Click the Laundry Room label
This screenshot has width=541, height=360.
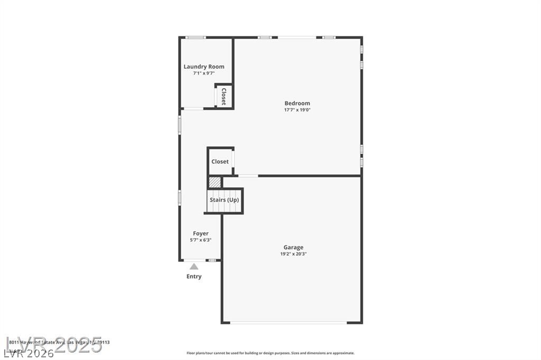coord(204,67)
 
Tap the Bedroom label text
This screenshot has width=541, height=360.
coord(297,103)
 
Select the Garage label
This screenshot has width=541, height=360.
coord(293,247)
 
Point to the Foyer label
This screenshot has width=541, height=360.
coord(201,233)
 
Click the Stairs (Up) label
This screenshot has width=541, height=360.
coord(225,200)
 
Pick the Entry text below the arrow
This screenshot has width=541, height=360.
coord(194,277)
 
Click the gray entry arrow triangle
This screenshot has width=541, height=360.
coord(194,267)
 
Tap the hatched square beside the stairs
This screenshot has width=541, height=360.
coord(214,182)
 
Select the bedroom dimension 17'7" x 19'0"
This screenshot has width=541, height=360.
coord(297,110)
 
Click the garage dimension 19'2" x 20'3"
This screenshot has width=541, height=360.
coord(293,254)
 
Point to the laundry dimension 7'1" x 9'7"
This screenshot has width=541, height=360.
coord(204,73)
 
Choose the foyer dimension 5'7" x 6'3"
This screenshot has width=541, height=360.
coord(201,240)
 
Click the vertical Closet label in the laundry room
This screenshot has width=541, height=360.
coord(223,97)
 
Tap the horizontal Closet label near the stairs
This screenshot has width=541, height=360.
coord(220,162)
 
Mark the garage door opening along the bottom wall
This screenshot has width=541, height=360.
coord(292,323)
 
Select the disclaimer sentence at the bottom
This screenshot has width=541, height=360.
coord(270,353)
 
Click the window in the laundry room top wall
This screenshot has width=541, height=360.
coord(195,37)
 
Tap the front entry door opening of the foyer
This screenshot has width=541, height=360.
coord(193,260)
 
